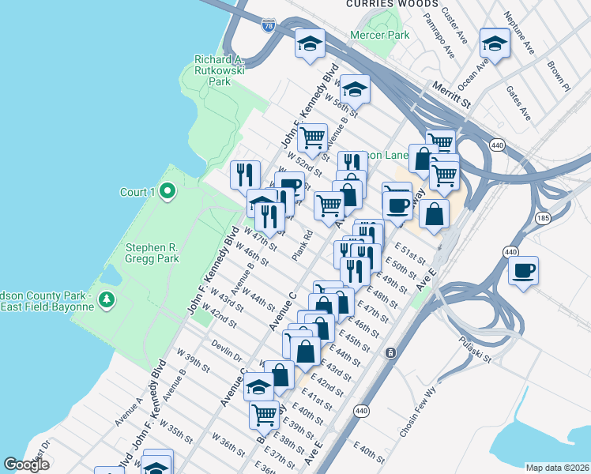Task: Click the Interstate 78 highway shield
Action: pyautogui.click(x=269, y=24)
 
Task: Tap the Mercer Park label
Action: pyautogui.click(x=381, y=36)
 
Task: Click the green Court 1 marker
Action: pyautogui.click(x=167, y=191)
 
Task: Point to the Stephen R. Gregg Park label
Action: pyautogui.click(x=152, y=252)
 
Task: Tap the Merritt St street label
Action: pyautogui.click(x=450, y=92)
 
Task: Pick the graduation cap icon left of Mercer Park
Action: pyautogui.click(x=310, y=43)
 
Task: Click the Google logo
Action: pyautogui.click(x=27, y=465)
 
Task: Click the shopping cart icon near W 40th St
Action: pyautogui.click(x=264, y=413)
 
